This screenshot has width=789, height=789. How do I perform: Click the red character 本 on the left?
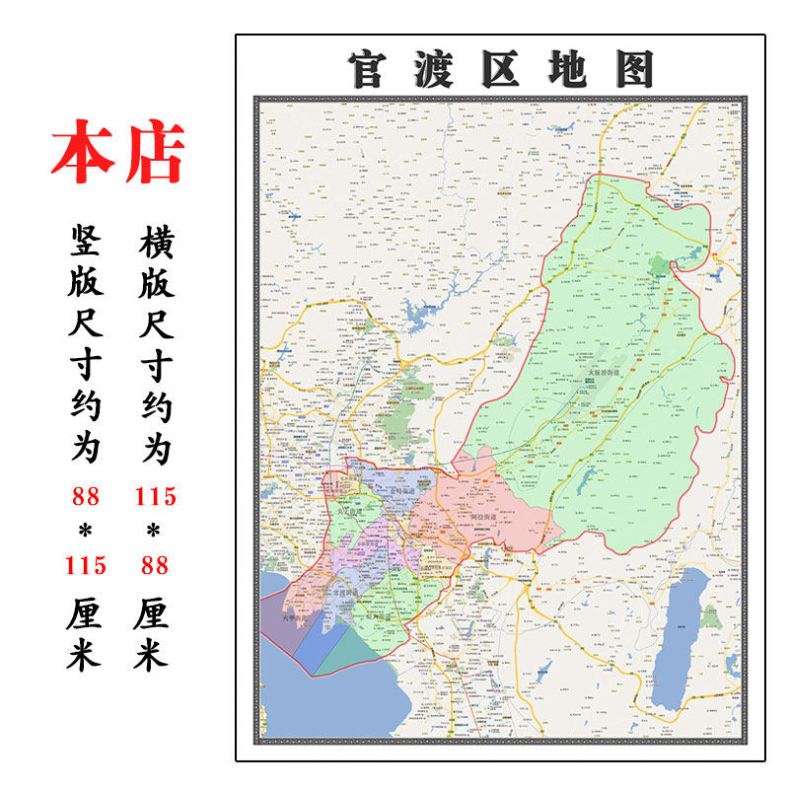82,154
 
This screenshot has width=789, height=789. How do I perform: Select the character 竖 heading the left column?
86,238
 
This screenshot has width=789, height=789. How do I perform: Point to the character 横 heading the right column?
155,238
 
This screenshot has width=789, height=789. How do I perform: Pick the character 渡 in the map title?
433,68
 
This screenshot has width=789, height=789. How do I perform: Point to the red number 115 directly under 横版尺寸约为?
155,496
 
